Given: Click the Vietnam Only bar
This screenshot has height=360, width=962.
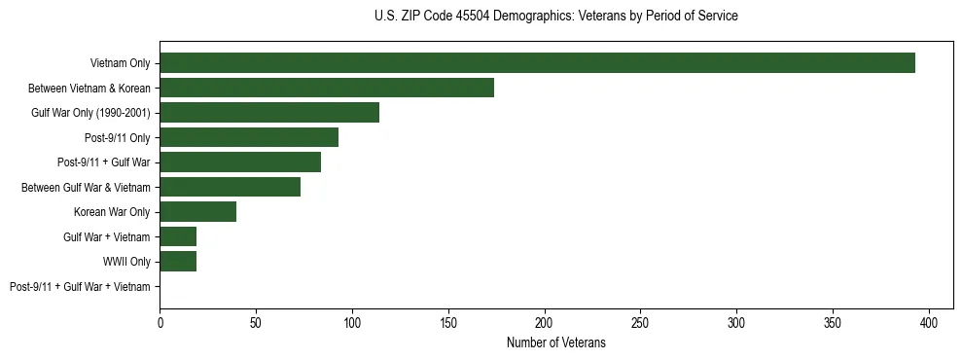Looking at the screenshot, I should pyautogui.click(x=537, y=63).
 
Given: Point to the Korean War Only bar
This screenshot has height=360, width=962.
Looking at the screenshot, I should pyautogui.click(x=197, y=212).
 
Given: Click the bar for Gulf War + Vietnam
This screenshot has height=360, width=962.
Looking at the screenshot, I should pyautogui.click(x=178, y=236).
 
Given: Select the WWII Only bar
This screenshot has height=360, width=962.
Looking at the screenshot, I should pyautogui.click(x=178, y=262).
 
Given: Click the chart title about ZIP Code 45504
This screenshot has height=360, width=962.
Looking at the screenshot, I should pyautogui.click(x=555, y=17).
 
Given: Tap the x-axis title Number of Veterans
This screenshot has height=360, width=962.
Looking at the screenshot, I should pyautogui.click(x=555, y=342).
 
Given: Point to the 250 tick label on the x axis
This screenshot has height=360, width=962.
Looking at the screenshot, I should pyautogui.click(x=640, y=320).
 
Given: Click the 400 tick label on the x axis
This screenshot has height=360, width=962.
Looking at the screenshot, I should pyautogui.click(x=929, y=320).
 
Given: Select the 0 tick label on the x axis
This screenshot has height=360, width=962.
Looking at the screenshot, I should pyautogui.click(x=160, y=320).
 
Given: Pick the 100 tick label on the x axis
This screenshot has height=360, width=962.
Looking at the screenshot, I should pyautogui.click(x=352, y=320).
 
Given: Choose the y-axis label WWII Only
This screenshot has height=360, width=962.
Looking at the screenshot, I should pyautogui.click(x=126, y=262).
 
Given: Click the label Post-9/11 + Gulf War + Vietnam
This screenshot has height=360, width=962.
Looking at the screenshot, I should pyautogui.click(x=80, y=287).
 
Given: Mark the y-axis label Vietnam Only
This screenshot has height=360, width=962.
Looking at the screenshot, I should pyautogui.click(x=121, y=63).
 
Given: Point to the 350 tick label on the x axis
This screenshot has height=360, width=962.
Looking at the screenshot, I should pyautogui.click(x=833, y=320).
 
